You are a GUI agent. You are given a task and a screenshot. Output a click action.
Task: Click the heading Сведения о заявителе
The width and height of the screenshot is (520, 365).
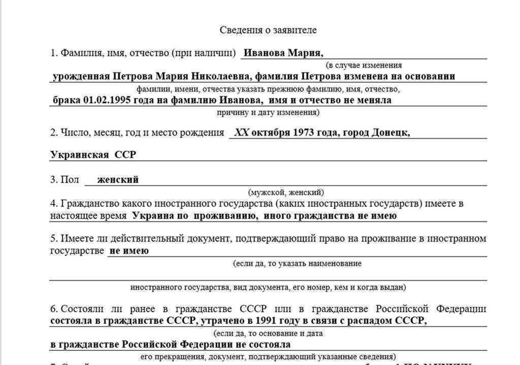click(268, 30)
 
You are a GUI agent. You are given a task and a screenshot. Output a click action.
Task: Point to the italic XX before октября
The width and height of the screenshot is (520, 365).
click(241, 133)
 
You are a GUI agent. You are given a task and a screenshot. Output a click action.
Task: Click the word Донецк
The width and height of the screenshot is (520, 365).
click(391, 133)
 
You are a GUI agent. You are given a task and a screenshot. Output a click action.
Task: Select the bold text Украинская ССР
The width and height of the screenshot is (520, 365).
click(93, 155)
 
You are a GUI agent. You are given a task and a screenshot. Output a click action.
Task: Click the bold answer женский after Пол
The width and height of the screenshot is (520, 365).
click(118, 179)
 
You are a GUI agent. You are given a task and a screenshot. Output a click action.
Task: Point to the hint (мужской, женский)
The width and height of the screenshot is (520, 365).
click(286, 192)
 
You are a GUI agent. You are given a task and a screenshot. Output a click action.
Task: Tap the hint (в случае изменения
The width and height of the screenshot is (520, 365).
click(364, 65)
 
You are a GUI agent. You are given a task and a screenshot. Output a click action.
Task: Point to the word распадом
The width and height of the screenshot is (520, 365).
click(370, 320)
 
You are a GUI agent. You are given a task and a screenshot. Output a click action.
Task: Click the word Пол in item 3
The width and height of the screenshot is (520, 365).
click(70, 180)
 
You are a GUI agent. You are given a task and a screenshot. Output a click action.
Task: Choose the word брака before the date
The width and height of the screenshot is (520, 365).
click(67, 100)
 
